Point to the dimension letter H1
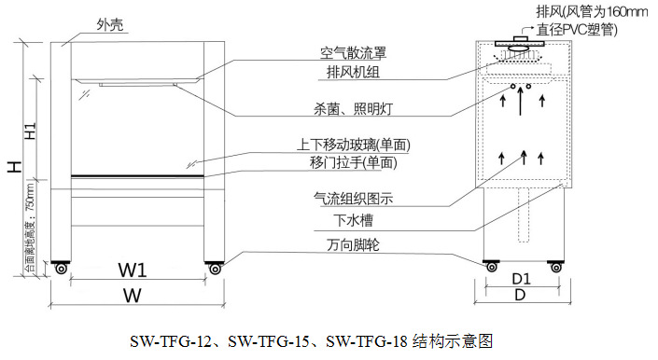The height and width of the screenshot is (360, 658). (x=31, y=132)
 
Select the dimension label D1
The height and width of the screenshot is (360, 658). (x=522, y=278)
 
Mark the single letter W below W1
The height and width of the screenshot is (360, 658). (x=131, y=296)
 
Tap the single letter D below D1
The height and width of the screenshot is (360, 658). (x=522, y=296)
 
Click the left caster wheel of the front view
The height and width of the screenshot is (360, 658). (x=62, y=270)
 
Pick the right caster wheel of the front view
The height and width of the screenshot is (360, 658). (x=215, y=270)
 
